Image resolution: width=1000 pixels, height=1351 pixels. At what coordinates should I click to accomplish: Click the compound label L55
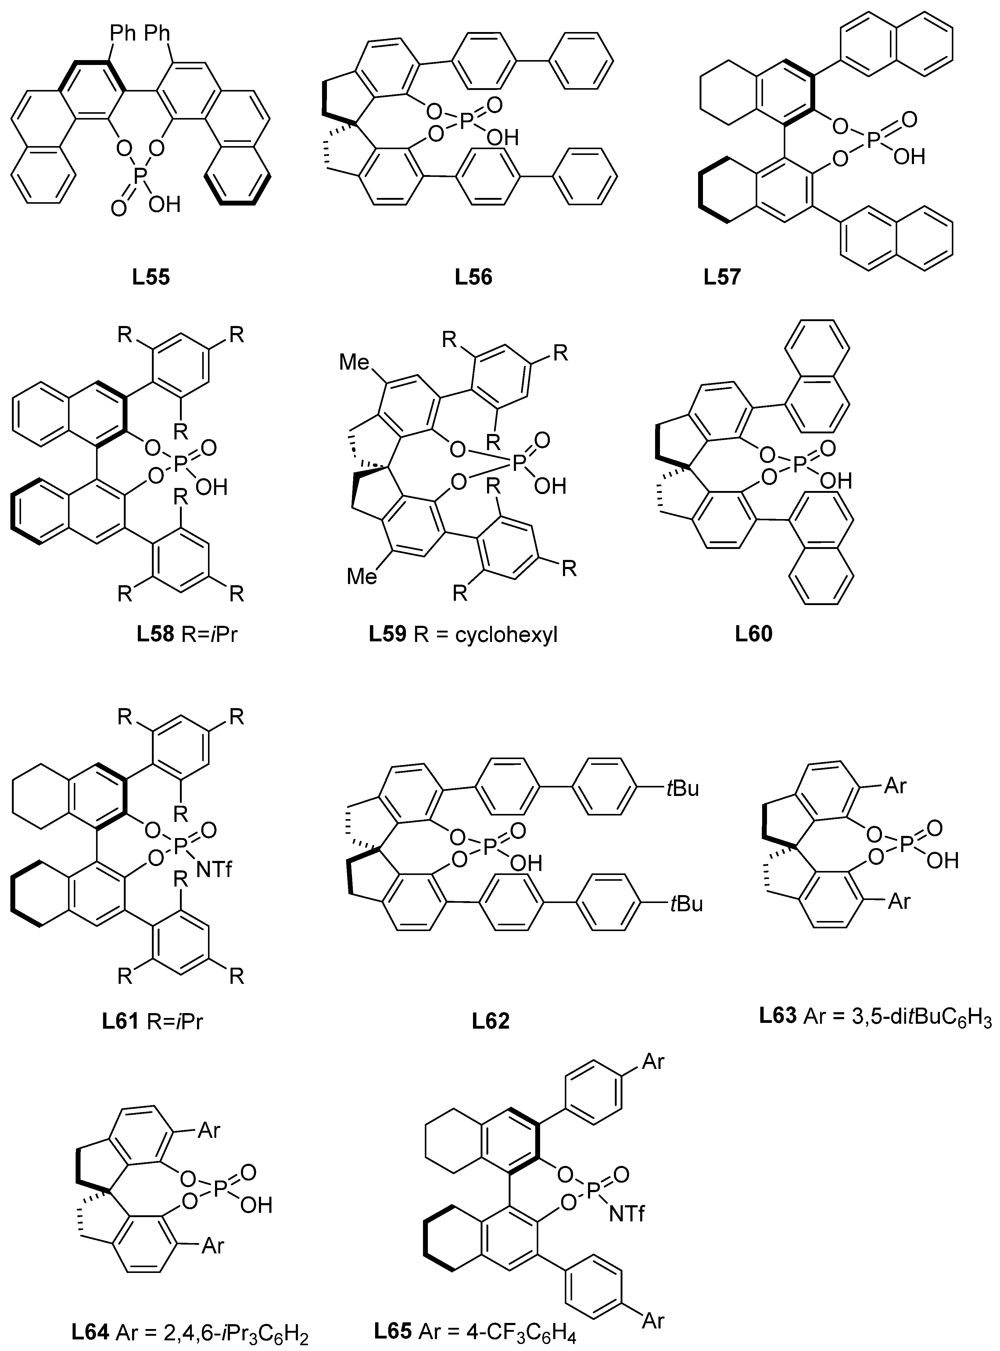coord(151,277)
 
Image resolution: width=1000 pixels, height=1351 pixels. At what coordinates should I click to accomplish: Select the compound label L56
coord(474,277)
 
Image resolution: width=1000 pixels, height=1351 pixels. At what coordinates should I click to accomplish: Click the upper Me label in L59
coord(355,363)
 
